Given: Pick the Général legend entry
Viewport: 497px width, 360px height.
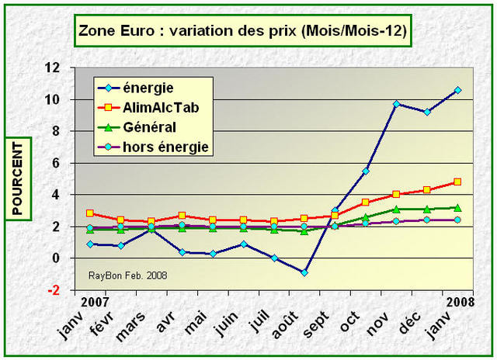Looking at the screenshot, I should click(x=150, y=126).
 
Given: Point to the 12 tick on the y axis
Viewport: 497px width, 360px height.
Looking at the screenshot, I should click(x=53, y=67).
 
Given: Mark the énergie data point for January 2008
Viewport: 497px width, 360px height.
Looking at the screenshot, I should click(x=457, y=90).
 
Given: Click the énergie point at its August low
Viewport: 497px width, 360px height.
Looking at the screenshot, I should click(x=304, y=272).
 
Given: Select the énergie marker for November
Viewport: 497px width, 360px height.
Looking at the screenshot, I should click(x=396, y=103).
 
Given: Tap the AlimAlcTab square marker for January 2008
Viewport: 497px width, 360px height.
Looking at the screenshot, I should click(x=457, y=182).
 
